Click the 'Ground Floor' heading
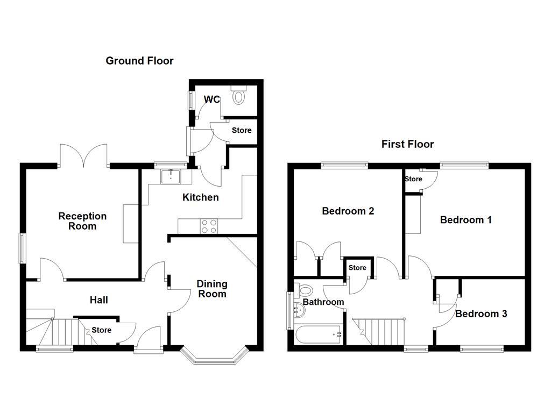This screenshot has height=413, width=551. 139,61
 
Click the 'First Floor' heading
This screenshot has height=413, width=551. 407,144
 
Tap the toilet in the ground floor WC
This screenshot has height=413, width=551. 239,95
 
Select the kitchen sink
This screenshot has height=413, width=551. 172,176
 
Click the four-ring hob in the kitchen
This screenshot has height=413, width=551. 209,226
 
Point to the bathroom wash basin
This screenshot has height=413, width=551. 297,309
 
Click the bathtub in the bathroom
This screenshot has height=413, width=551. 318,334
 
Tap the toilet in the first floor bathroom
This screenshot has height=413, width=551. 304,290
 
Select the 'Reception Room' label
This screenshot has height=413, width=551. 82,221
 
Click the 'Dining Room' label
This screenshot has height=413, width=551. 211,288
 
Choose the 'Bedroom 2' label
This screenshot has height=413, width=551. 348,211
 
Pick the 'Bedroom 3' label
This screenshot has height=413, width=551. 481,314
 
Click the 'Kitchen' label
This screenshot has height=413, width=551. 200,197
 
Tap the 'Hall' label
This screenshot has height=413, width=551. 98,300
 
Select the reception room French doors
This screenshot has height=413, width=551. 83,156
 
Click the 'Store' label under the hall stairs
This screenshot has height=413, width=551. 101,330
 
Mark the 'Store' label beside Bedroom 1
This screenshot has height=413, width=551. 413,179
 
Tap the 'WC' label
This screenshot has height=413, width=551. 212,99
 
